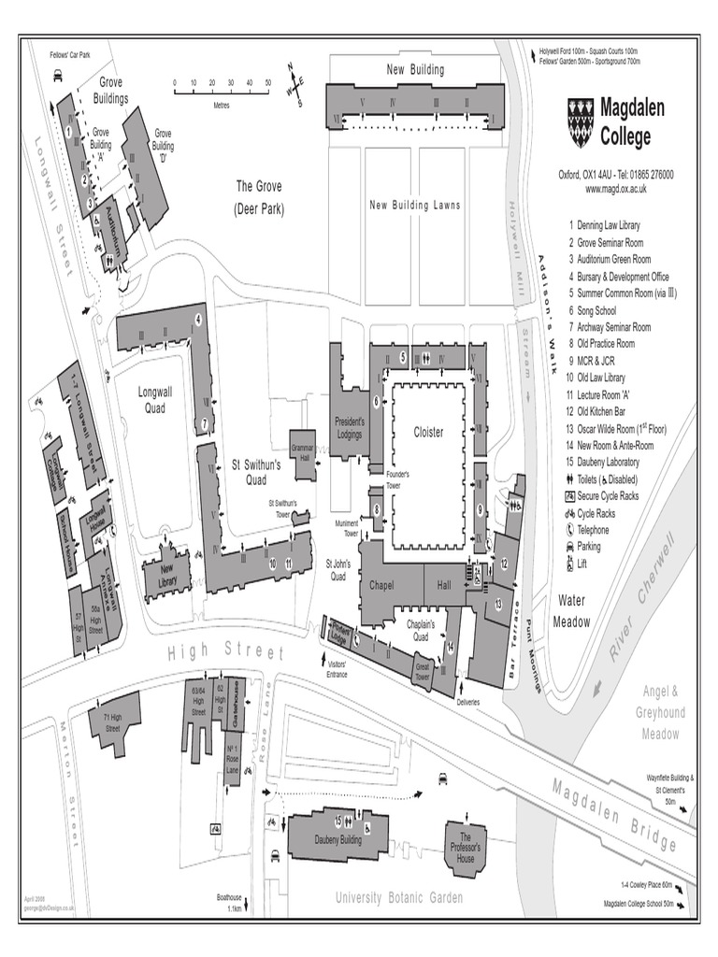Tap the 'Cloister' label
428,433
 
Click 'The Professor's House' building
466,846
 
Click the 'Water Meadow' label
571,610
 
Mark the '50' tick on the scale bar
268,83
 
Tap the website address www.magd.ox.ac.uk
616,189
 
